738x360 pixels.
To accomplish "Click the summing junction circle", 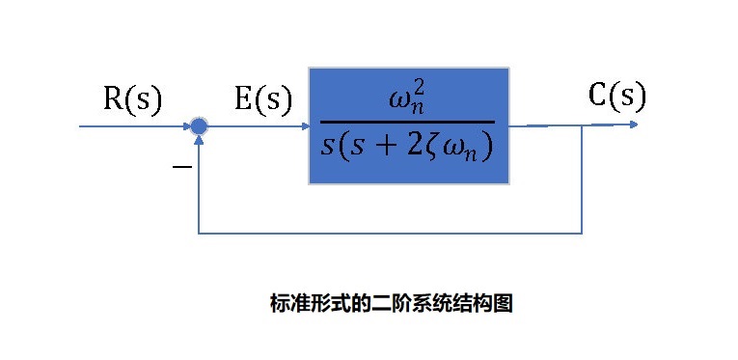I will click(x=198, y=125).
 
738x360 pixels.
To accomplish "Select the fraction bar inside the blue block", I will click(x=406, y=122).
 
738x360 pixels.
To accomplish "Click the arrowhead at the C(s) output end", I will click(x=632, y=124).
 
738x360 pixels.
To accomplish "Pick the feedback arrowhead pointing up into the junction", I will click(x=198, y=140).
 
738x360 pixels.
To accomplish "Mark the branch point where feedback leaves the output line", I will click(x=582, y=125).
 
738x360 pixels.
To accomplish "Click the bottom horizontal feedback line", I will click(x=386, y=233).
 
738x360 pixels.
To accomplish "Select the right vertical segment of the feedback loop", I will click(x=582, y=179).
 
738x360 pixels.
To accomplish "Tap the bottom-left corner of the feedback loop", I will click(x=198, y=233).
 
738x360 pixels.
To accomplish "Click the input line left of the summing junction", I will click(x=135, y=125).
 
